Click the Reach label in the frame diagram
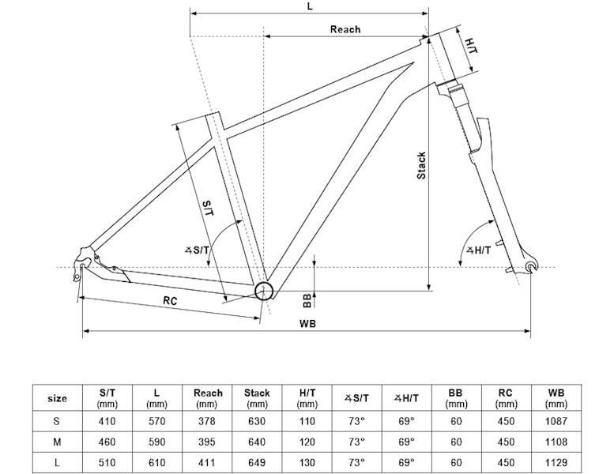345,29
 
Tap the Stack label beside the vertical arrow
421,165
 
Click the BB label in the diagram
307,299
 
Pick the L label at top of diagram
309,6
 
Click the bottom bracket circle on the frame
264,291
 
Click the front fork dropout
529,270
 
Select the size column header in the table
57,398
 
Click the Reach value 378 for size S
208,421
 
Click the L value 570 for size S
158,421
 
